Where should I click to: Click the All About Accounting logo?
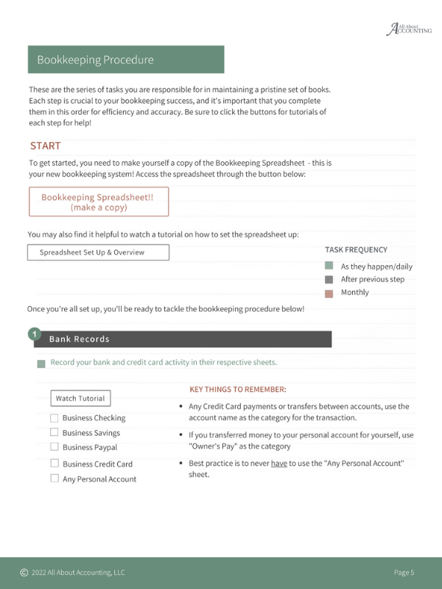point(409,29)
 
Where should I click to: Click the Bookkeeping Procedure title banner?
point(126,60)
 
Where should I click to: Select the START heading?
point(46,146)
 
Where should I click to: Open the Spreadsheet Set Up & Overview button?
point(98,253)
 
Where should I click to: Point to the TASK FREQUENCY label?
point(356,250)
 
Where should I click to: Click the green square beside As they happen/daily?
point(329,266)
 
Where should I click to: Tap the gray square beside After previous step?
point(329,279)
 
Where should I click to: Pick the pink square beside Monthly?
point(329,293)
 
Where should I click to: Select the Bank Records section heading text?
point(79,339)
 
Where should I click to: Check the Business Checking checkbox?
point(55,417)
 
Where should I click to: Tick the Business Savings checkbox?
point(55,432)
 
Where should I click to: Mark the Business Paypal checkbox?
point(55,446)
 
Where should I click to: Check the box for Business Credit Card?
point(55,463)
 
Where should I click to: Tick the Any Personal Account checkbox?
point(55,478)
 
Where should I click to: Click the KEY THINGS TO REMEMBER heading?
point(238,389)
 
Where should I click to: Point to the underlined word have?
point(278,463)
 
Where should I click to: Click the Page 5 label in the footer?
point(404,572)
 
